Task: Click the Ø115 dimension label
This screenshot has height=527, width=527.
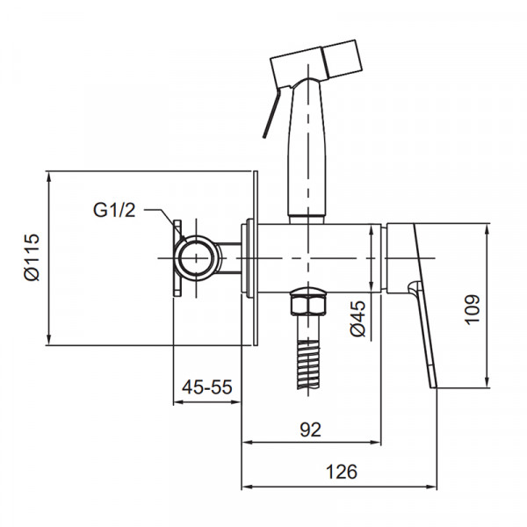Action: [32, 257]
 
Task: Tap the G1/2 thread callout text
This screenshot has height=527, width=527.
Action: [114, 210]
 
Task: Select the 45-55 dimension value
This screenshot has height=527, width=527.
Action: [207, 386]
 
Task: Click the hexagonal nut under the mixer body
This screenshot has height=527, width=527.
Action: [307, 305]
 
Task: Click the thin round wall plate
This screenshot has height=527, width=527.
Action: [255, 258]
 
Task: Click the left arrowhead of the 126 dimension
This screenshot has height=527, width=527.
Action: [246, 486]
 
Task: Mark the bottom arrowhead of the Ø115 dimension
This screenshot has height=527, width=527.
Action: [50, 340]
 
